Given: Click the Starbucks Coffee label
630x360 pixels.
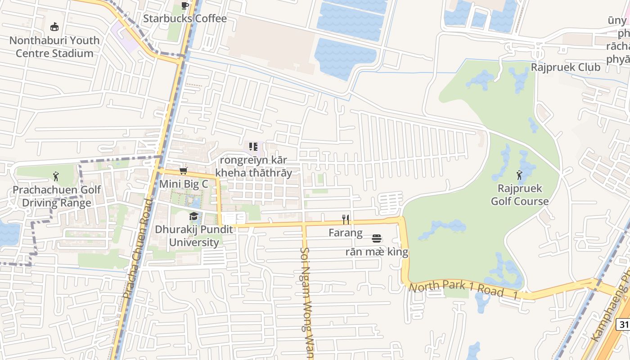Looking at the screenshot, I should pyautogui.click(x=185, y=18).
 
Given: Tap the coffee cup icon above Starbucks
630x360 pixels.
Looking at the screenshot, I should pyautogui.click(x=184, y=5).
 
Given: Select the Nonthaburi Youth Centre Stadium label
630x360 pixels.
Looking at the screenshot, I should pyautogui.click(x=54, y=47).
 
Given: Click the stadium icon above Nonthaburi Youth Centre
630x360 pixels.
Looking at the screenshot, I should pyautogui.click(x=54, y=27).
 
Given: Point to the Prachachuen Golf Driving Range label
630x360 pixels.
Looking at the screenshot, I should pyautogui.click(x=57, y=196).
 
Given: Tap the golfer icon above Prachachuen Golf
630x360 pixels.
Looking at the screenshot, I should pyautogui.click(x=56, y=176).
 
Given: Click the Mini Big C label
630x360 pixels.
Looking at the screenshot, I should pyautogui.click(x=184, y=184).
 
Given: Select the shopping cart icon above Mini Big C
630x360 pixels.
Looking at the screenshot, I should pyautogui.click(x=183, y=171).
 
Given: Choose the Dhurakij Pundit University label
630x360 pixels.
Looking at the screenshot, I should pyautogui.click(x=194, y=236).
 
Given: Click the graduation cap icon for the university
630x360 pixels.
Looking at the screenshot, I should pyautogui.click(x=193, y=216).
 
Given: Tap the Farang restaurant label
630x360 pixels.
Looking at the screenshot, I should pyautogui.click(x=346, y=233).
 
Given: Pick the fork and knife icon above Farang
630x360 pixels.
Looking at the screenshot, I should pyautogui.click(x=346, y=219).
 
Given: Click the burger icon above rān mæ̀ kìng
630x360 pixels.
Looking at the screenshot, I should pyautogui.click(x=377, y=238).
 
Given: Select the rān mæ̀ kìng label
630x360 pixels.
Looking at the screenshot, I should pyautogui.click(x=377, y=252).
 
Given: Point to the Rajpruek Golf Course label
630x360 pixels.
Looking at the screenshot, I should pyautogui.click(x=520, y=195).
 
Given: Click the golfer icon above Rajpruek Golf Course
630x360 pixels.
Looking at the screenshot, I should pyautogui.click(x=520, y=175).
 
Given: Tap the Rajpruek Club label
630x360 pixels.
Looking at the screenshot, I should pyautogui.click(x=566, y=67).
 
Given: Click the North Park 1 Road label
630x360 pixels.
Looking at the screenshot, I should pyautogui.click(x=456, y=288).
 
